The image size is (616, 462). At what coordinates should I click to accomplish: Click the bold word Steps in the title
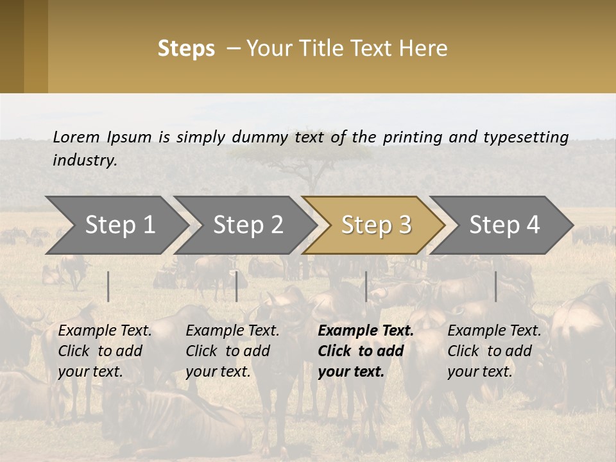click(186, 49)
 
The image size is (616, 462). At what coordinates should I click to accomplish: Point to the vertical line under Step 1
click(108, 286)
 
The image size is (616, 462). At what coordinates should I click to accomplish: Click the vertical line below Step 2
click(237, 286)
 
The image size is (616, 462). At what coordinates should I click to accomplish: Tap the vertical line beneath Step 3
click(366, 286)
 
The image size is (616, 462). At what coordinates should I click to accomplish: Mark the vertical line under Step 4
click(496, 286)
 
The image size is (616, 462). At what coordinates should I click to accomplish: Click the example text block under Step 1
click(105, 351)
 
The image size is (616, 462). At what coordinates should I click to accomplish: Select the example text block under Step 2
click(232, 351)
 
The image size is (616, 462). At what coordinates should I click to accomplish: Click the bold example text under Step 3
click(366, 351)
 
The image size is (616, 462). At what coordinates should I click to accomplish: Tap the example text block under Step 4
click(494, 351)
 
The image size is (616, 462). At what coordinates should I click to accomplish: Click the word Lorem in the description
click(76, 137)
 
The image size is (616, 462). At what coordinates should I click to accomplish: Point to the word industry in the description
click(85, 160)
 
